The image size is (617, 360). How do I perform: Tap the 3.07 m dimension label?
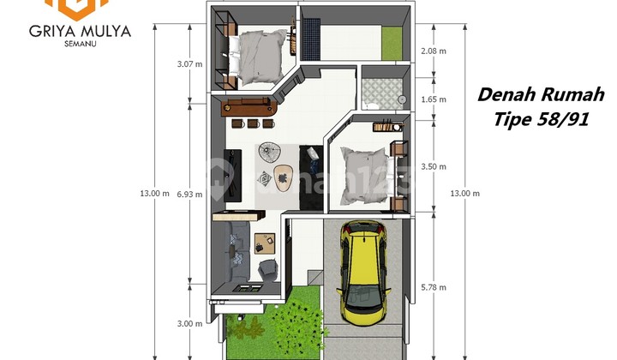[x=189, y=63]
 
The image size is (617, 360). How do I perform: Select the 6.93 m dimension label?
[x=189, y=195]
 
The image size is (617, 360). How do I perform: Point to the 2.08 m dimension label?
[x=434, y=51]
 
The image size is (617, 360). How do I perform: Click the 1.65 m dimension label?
[x=434, y=99]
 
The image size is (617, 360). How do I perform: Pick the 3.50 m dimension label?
[x=434, y=167]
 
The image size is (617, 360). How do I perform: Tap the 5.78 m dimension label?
[x=434, y=288]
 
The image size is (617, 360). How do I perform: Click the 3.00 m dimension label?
[x=189, y=324]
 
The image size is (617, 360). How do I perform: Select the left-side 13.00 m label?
[x=154, y=194]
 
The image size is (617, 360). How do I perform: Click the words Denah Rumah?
[x=541, y=95]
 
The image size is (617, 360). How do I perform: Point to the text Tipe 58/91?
[x=541, y=119]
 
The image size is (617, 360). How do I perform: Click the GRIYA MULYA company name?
[x=80, y=32]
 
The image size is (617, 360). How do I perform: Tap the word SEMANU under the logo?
[x=81, y=44]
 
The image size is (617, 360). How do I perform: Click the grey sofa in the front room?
[x=237, y=251]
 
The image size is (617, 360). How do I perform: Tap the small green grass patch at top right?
[x=392, y=43]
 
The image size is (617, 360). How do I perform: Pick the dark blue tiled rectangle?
[x=312, y=38]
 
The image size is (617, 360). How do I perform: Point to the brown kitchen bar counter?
[x=249, y=106]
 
